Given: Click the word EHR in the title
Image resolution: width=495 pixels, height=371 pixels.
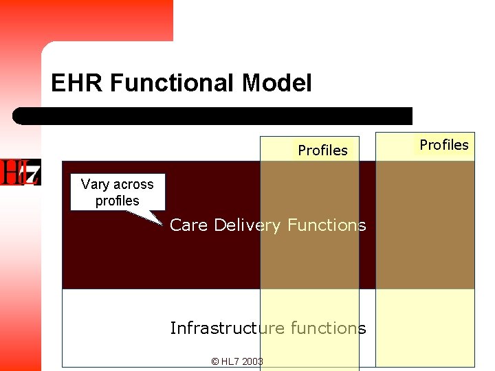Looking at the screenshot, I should pos(77,84).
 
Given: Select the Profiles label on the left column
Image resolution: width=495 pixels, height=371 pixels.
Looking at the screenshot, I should pos(322,150).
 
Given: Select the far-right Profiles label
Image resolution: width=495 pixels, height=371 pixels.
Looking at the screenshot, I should pos(443,145).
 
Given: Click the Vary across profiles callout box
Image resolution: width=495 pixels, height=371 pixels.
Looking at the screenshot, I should pos(117,192).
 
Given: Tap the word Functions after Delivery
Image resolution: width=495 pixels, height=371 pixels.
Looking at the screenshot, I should pos(327,225).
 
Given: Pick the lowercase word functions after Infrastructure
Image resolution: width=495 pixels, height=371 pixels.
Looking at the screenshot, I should pos(328,328).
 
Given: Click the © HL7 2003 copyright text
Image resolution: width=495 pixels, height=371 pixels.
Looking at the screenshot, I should pos(236,361).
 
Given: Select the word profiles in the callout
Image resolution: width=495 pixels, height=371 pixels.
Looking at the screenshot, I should pos(117,201).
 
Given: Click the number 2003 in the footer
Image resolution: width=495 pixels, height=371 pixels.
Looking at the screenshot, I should pos(252,361).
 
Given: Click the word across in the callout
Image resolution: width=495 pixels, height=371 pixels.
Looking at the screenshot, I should pos(133,184).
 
